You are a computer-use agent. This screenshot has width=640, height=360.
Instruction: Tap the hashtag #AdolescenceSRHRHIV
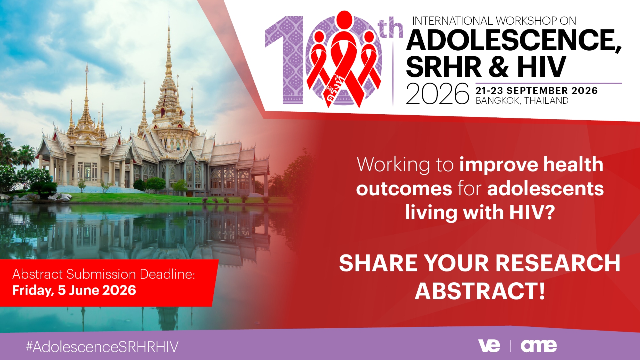[102, 347]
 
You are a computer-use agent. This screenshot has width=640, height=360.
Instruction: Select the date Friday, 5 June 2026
[74, 290]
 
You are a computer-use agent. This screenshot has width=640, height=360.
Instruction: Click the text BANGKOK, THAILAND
[522, 100]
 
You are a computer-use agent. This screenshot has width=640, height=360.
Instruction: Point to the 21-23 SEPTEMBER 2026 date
[537, 91]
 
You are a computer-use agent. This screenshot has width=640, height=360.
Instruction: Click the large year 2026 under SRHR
[437, 94]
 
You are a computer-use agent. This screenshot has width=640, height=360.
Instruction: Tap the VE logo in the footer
[489, 346]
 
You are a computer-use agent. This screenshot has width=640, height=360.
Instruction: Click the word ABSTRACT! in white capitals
[480, 291]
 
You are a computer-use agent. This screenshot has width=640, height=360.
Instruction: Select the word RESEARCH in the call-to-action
[558, 263]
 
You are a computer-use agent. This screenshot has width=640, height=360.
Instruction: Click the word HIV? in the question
[532, 212]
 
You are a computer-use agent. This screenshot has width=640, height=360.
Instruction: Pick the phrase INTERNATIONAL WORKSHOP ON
[494, 21]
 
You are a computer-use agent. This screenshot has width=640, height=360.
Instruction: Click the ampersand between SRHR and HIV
[498, 67]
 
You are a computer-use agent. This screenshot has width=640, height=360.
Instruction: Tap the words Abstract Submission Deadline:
[104, 274]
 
